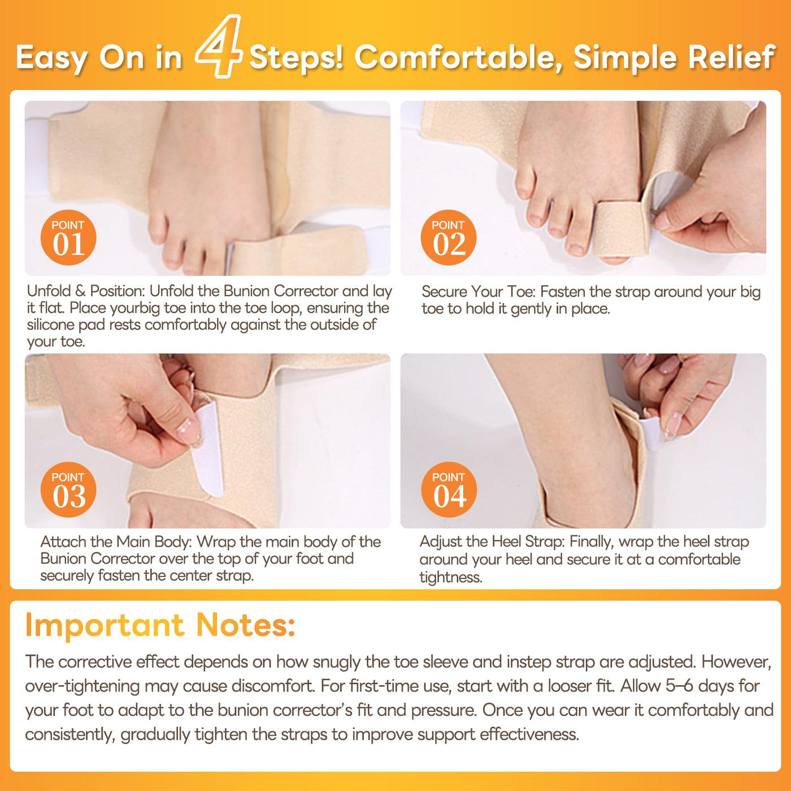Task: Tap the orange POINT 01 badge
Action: coord(68,237)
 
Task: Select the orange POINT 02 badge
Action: coord(448,237)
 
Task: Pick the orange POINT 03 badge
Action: coord(68,489)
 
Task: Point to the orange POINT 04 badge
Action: coord(449,489)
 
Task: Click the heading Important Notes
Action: coord(160,625)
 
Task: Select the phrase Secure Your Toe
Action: coord(479,292)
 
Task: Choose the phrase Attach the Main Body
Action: coord(116,542)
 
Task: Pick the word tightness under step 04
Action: coord(451,577)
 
